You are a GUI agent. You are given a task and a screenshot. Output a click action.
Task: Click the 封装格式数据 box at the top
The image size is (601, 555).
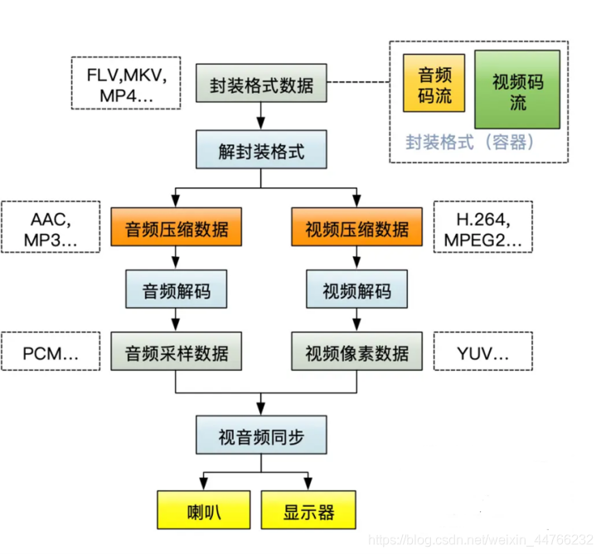click(260, 84)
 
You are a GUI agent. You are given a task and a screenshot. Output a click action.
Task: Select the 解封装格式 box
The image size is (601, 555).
click(260, 151)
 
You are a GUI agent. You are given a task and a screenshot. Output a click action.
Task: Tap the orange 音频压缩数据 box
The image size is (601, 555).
click(177, 227)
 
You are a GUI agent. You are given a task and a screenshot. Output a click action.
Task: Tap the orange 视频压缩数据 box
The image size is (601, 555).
click(356, 227)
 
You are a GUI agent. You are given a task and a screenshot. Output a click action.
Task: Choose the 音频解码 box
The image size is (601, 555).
click(177, 291)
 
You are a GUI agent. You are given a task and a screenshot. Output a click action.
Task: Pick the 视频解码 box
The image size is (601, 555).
click(356, 291)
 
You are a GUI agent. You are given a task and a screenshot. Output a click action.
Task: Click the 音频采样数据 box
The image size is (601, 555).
click(177, 353)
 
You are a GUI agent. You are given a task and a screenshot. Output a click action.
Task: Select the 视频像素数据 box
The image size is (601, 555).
click(356, 353)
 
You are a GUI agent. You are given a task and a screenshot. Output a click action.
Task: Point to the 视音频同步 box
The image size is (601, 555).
click(260, 436)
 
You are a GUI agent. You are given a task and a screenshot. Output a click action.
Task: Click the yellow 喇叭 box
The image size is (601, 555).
click(204, 510)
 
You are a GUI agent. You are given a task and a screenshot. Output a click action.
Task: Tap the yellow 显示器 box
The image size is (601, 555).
click(309, 510)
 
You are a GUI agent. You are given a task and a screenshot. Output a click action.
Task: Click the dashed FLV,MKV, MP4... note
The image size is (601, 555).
click(127, 83)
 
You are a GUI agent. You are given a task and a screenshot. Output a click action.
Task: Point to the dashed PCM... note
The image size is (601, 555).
click(51, 353)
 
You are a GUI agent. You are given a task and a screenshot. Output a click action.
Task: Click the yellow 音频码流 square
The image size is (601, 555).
click(433, 84)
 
